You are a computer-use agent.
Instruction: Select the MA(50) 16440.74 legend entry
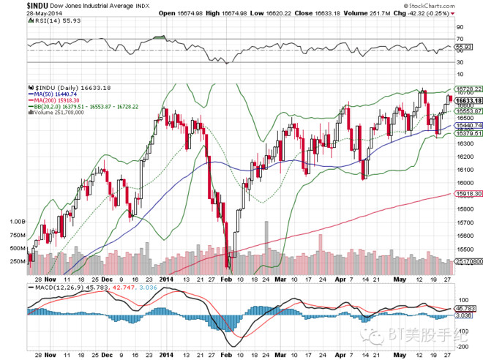tap(54, 94)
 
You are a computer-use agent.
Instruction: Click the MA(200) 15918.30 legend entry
tap(56, 100)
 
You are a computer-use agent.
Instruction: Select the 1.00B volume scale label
tap(16, 221)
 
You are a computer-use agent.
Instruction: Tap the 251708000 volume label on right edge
tap(468, 260)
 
